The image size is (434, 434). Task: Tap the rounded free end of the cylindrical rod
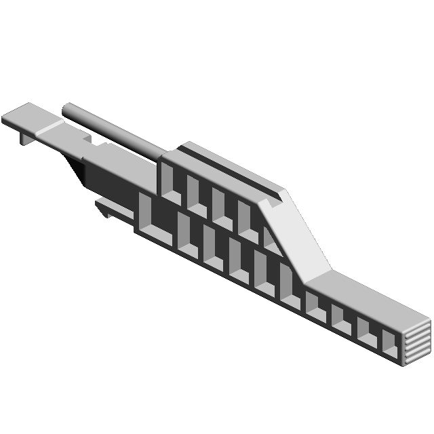(66, 108)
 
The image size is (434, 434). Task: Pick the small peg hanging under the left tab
(25, 138)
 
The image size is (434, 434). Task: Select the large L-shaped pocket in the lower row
(159, 224)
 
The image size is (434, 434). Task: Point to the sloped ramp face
(295, 234)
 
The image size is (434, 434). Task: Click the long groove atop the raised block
(231, 173)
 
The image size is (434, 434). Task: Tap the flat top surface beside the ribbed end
(380, 298)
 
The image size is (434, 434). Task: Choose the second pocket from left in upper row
(195, 194)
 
